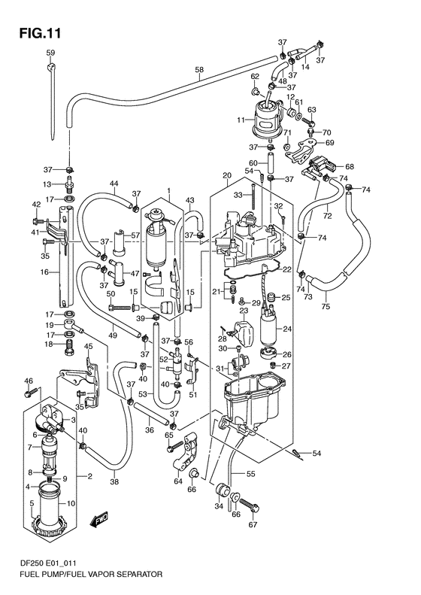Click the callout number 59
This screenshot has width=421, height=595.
click(x=50, y=53)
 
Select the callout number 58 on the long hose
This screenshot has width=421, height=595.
click(x=199, y=71)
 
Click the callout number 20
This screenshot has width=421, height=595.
click(x=226, y=177)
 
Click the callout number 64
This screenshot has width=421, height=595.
click(x=178, y=482)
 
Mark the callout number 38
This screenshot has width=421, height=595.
click(x=114, y=484)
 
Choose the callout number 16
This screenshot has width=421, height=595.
click(x=44, y=272)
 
